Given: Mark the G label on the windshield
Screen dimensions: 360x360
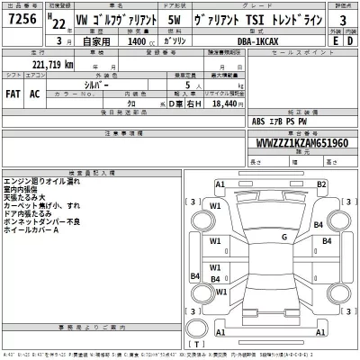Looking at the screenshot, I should pos(283,237).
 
